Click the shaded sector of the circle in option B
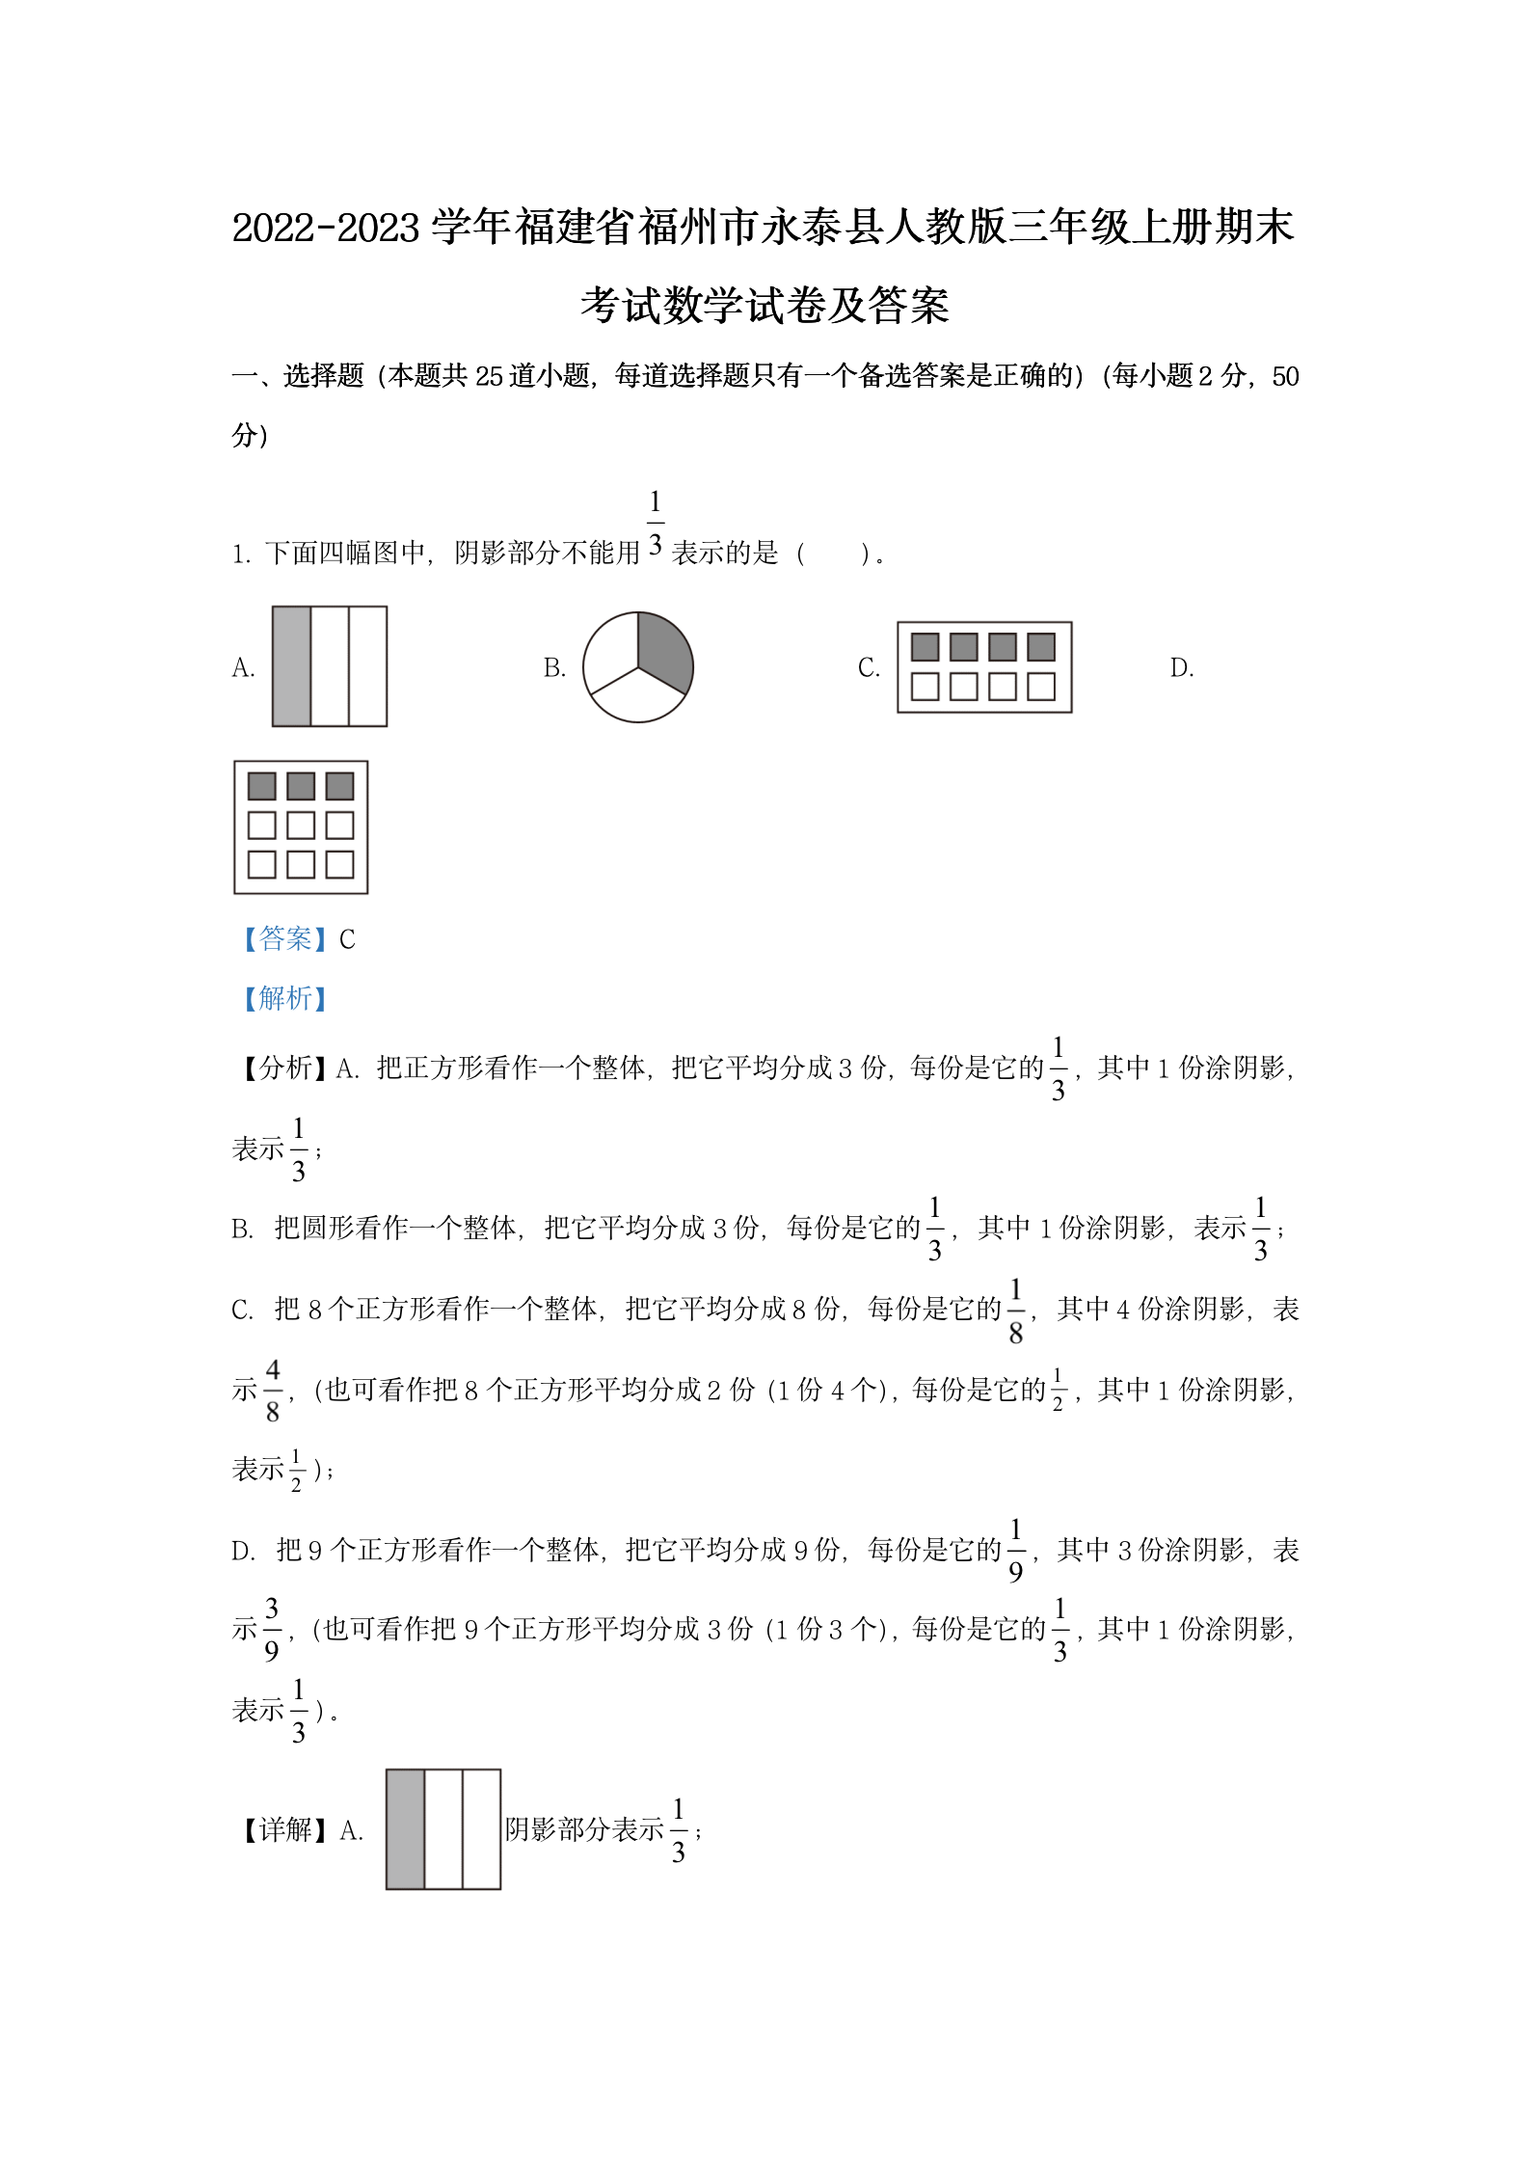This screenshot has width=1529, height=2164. [x=663, y=648]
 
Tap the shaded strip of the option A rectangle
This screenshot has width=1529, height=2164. [x=291, y=666]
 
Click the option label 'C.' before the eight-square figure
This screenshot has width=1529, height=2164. [x=869, y=667]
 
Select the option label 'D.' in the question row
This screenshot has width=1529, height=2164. [x=1182, y=667]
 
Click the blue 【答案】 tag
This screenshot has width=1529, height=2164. [x=284, y=938]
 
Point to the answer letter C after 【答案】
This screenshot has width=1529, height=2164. [x=347, y=939]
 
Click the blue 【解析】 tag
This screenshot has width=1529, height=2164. [x=284, y=998]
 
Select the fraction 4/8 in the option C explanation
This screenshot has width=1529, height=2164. [x=273, y=1390]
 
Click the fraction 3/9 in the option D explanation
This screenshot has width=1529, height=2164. [x=272, y=1629]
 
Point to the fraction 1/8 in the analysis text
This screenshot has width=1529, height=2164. [x=1016, y=1310]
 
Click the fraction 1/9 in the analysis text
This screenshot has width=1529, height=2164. [x=1016, y=1550]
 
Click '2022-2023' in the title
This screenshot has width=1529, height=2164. [x=327, y=229]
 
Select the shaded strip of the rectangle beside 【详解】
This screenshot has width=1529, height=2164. [x=405, y=1829]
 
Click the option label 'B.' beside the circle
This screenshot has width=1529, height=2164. [x=554, y=667]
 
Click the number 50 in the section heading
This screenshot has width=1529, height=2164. [x=1285, y=376]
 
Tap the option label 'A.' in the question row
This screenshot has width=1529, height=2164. [x=243, y=667]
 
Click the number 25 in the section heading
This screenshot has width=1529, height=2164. [x=489, y=376]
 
